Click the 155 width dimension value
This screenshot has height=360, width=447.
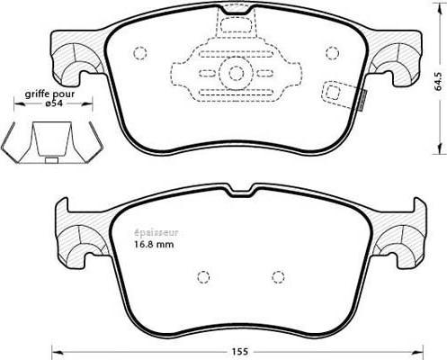pos(240,352)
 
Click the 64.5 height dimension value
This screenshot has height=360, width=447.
pos(438,81)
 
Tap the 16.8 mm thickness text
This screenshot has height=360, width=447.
pos(153,244)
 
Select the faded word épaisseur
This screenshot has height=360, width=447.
pos(156,233)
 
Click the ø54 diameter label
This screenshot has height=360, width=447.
pos(55,103)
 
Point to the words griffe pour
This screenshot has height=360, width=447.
pos(49,94)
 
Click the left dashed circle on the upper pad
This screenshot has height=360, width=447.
pos(139,54)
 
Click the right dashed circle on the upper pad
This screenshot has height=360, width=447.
pos(332,53)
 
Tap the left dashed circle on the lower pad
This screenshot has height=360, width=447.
pos(203,276)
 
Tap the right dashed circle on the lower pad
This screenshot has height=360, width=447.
pos(278,276)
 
